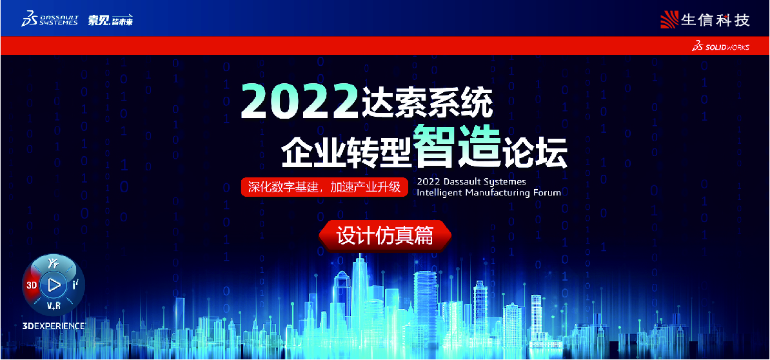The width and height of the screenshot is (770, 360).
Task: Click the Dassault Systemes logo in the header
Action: (x=50, y=19)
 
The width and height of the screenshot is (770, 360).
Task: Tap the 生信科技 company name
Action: (x=715, y=20)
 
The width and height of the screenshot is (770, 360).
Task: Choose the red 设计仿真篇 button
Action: (x=385, y=235)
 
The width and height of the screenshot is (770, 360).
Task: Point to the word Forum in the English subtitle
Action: (x=547, y=192)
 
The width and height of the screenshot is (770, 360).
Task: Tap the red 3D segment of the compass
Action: (x=32, y=284)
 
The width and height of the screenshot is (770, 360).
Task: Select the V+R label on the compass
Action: (x=54, y=306)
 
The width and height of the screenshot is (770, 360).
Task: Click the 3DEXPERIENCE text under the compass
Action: (x=54, y=326)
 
